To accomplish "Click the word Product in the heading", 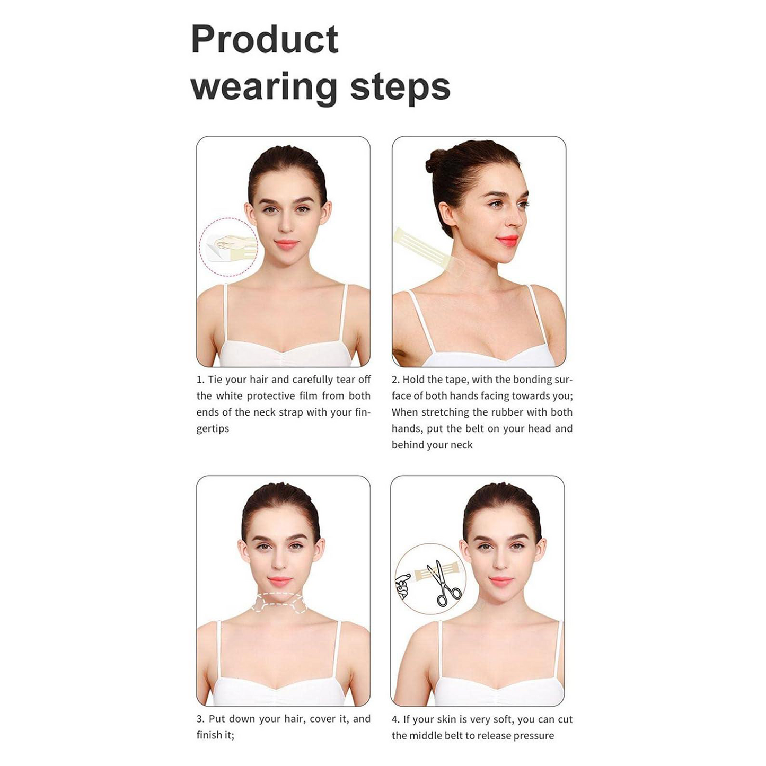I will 264,40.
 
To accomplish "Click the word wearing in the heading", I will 263,88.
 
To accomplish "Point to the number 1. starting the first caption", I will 200,380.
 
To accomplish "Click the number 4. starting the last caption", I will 395,720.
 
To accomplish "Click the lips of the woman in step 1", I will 286,244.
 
